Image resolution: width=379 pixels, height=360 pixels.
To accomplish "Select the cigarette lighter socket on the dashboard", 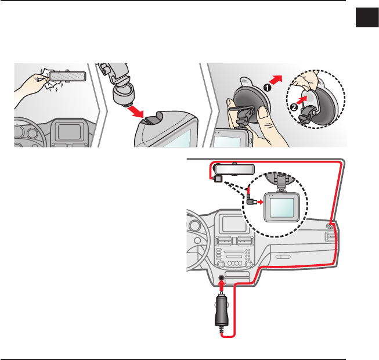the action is pos(222,278).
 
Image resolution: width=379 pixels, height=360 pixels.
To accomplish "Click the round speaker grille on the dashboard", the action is pos(330,225).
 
